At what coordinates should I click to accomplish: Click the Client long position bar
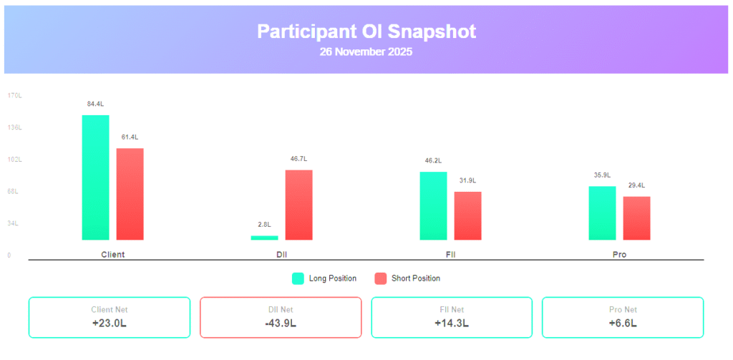[95, 177]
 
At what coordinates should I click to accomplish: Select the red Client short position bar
[130, 194]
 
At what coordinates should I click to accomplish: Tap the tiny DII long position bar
[264, 238]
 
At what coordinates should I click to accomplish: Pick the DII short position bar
[298, 205]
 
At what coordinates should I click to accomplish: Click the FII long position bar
[433, 205]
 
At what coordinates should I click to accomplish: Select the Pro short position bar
[636, 218]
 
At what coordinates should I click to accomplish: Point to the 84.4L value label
[95, 104]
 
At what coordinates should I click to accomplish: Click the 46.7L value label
[298, 159]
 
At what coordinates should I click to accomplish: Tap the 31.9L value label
[467, 180]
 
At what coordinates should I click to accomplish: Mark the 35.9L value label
[602, 175]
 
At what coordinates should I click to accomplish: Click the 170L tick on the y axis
[14, 95]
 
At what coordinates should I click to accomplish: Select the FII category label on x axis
[450, 255]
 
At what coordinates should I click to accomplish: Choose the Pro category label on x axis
[619, 255]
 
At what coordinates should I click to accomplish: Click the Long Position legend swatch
[298, 278]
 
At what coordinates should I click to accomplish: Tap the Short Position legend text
[415, 278]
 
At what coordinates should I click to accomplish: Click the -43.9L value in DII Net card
[280, 323]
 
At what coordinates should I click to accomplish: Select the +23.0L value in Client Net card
[109, 323]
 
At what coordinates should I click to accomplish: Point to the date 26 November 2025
[366, 52]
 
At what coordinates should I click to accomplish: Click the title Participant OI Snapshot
[366, 31]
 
